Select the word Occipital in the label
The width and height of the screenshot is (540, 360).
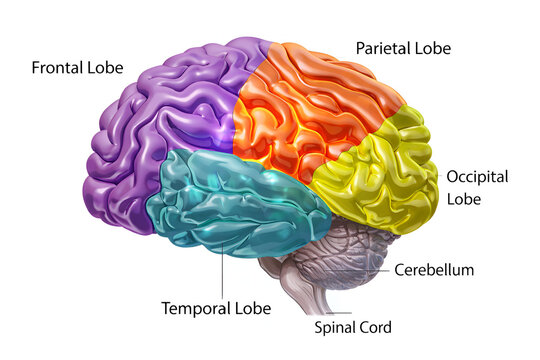click(x=477, y=177)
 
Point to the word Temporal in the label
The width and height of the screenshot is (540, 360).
click(x=195, y=308)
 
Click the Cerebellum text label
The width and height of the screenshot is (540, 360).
click(x=434, y=269)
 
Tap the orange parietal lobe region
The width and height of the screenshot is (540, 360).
click(x=310, y=110)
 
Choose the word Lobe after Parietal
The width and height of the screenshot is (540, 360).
click(x=431, y=47)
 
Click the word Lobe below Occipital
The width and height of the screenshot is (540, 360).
click(x=465, y=199)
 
